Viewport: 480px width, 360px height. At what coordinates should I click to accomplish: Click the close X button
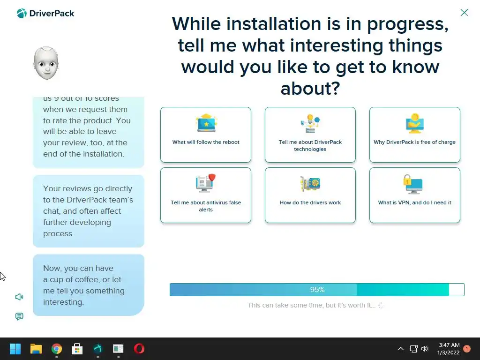pos(464,13)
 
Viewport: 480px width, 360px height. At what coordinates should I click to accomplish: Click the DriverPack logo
pos(45,14)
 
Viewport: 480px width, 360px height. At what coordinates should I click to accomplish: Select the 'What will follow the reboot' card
pos(206,135)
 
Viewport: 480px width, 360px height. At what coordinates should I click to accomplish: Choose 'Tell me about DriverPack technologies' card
pos(310,135)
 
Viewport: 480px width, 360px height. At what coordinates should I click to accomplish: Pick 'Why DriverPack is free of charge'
pos(414,135)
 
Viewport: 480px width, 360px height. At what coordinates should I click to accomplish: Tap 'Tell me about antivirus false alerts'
pos(206,195)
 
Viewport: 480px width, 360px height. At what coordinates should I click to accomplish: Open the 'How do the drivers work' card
pos(310,195)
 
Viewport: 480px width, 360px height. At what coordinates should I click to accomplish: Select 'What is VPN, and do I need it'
pos(414,195)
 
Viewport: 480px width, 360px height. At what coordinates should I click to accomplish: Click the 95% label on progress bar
pos(317,290)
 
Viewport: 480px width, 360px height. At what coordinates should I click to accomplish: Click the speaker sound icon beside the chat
pos(19,297)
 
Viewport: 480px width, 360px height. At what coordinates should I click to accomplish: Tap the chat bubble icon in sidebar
pos(19,316)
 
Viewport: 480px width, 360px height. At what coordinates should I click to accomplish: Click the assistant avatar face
pos(46,63)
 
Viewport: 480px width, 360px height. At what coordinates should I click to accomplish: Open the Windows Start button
pos(15,349)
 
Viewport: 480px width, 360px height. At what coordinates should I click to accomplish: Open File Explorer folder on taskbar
pos(36,349)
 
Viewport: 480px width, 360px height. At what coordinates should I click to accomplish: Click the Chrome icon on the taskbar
pos(57,349)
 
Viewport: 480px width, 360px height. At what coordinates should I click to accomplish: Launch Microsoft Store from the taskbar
pos(77,349)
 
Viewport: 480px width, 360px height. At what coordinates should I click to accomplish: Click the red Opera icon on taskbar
pos(139,349)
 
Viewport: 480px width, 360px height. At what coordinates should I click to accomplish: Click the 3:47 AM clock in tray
pos(449,345)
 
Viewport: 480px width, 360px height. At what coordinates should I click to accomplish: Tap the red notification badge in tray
pos(467,349)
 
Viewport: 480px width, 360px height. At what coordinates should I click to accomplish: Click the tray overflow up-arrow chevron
pos(400,349)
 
